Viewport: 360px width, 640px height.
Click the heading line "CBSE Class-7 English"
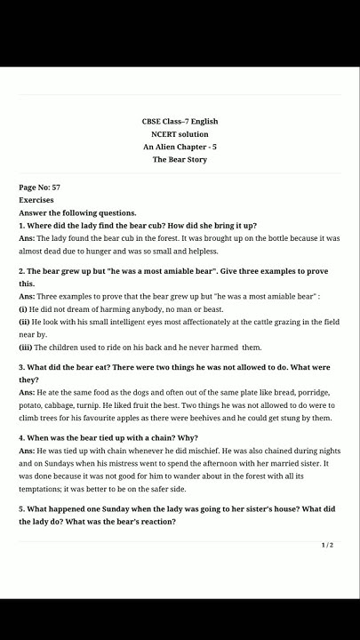click(x=180, y=121)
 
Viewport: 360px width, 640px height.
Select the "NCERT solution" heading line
click(x=180, y=134)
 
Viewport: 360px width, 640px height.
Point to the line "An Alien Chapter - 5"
click(x=180, y=147)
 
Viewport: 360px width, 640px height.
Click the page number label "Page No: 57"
click(x=40, y=188)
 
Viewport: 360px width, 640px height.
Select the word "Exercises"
click(x=36, y=200)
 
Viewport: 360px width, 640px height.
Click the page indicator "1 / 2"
click(x=327, y=545)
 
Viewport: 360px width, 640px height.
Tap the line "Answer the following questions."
click(x=78, y=212)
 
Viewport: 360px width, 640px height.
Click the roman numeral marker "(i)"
click(x=24, y=308)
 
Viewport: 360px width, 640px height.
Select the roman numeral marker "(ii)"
click(x=25, y=322)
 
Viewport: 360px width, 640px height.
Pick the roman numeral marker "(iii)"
click(x=26, y=347)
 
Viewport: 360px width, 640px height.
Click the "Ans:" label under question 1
click(x=27, y=238)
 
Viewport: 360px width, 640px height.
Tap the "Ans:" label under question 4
click(x=27, y=452)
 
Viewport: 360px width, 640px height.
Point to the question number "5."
click(x=22, y=508)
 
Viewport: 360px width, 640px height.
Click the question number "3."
click(x=22, y=366)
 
